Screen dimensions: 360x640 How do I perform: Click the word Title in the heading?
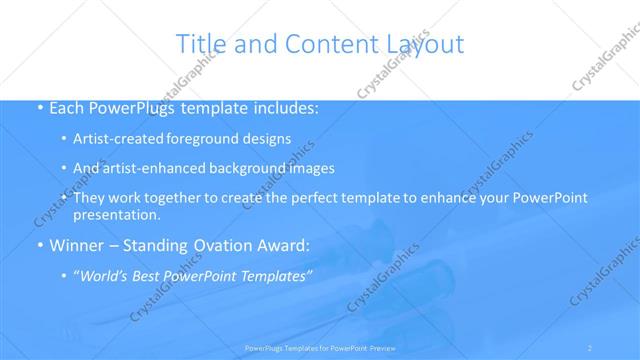[x=199, y=44]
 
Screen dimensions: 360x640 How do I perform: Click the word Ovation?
[x=220, y=245]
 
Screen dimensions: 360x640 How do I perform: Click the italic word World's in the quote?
[x=108, y=275]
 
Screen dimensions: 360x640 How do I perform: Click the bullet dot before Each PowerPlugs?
[x=39, y=108]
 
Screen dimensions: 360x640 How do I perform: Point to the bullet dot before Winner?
[x=39, y=245]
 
